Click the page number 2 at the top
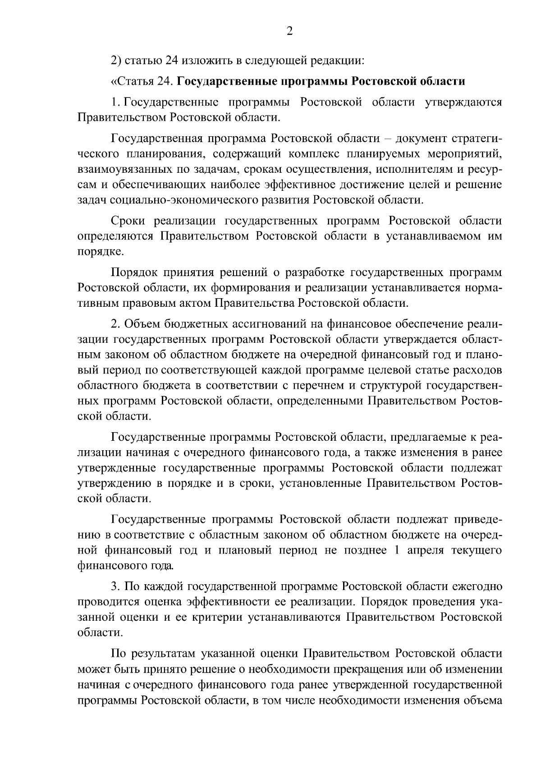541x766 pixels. click(x=289, y=31)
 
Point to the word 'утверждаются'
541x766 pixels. click(x=463, y=102)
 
